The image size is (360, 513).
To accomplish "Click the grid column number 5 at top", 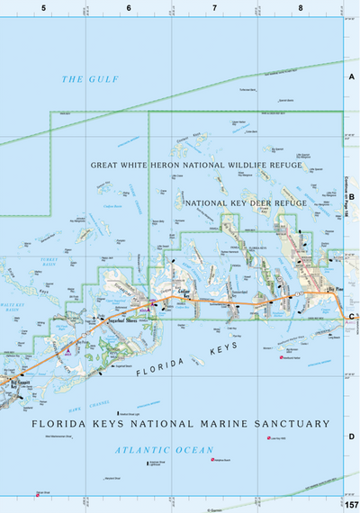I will point(43,8).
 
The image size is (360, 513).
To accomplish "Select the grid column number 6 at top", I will point(129,8).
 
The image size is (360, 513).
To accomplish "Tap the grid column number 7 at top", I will point(214,8).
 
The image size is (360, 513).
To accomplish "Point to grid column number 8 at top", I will point(300,8).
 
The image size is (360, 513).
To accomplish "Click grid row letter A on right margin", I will point(352,77).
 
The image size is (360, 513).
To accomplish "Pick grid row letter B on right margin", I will point(352,196).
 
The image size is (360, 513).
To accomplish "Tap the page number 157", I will point(350,504).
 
